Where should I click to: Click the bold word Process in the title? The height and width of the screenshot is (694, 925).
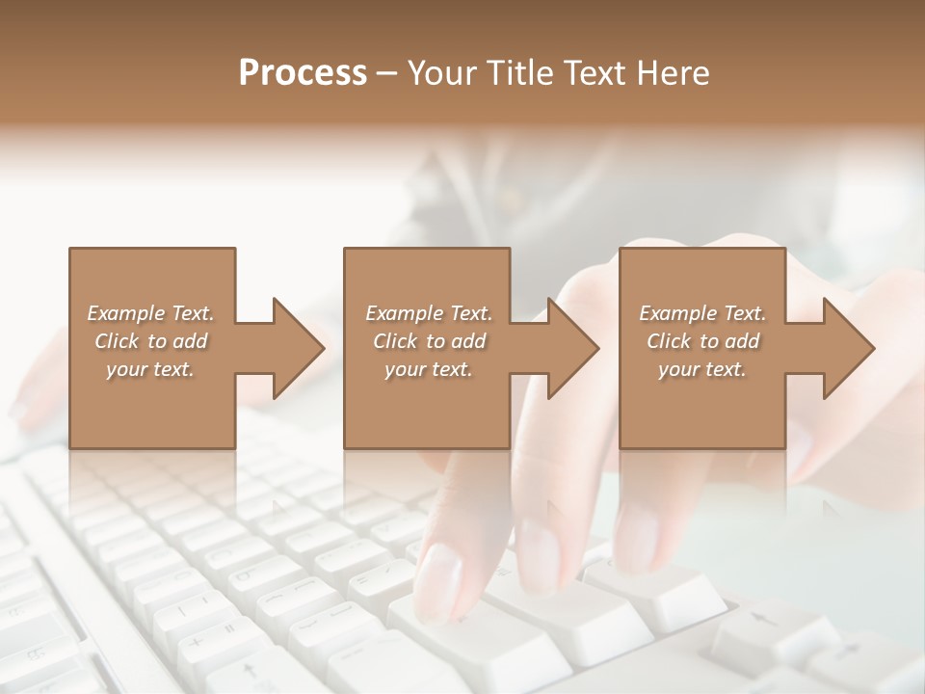303,73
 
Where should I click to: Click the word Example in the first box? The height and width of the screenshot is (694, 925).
125,313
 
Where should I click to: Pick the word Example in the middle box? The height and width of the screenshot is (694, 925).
404,313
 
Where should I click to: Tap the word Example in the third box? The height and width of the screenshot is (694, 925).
677,313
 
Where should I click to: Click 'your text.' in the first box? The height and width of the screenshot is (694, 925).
150,369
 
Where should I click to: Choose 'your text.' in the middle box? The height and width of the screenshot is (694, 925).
429,369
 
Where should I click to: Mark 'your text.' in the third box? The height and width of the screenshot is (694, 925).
702,369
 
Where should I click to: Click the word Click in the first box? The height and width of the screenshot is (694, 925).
116,341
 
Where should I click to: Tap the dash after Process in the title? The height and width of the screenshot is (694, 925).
387,73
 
